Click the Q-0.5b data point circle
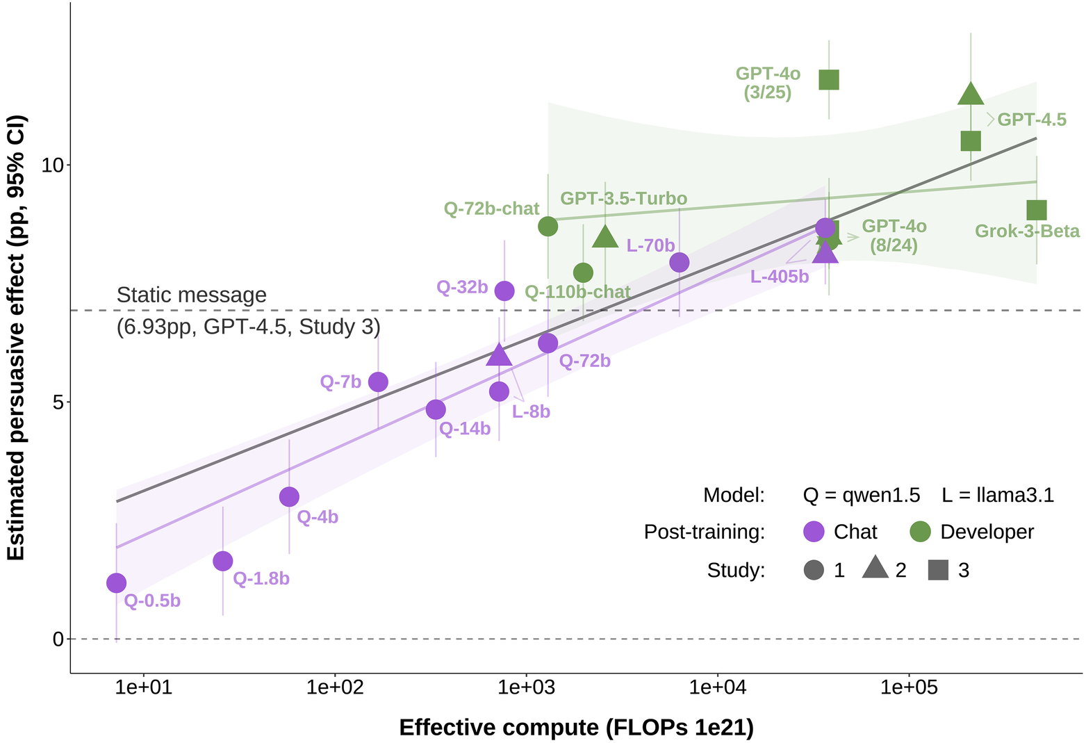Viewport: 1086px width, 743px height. [117, 583]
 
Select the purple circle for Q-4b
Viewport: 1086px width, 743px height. [289, 497]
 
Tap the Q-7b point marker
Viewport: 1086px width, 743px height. [378, 382]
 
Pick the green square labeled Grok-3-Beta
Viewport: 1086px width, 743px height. [1036, 210]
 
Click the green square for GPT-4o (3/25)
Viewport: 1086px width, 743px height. [829, 80]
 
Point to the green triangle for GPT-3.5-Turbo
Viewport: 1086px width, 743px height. [605, 237]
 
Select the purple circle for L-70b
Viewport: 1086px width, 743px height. [680, 262]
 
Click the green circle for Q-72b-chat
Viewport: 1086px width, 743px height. [548, 226]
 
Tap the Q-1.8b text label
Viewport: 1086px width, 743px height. [261, 578]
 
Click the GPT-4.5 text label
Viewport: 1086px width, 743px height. [1032, 120]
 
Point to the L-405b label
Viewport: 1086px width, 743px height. [780, 277]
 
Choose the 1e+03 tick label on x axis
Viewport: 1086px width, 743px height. [526, 687]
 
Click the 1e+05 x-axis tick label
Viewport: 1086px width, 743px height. [909, 687]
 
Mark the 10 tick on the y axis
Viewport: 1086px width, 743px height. [52, 165]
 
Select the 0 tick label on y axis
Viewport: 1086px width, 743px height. [58, 639]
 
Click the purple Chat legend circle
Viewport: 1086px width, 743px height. [814, 532]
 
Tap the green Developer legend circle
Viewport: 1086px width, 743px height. [920, 532]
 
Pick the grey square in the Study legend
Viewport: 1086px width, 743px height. [939, 570]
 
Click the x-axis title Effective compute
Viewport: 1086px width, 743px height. [576, 727]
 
